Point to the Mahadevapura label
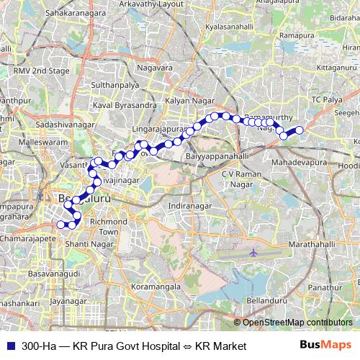click(299, 163)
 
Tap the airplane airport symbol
click(253, 253)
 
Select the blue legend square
click(9, 346)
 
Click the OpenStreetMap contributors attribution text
click(297, 323)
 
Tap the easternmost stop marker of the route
click(300, 130)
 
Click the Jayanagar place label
click(74, 301)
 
